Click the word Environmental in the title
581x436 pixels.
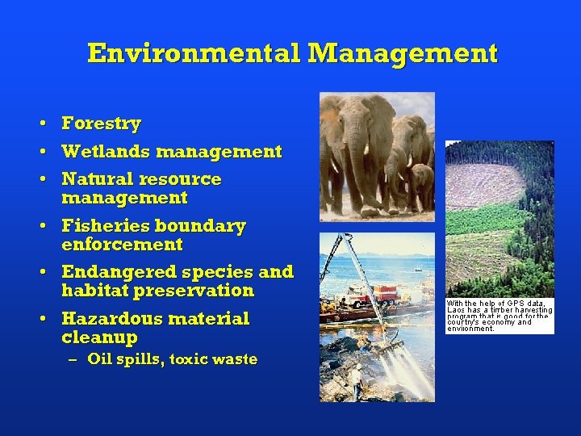(x=194, y=53)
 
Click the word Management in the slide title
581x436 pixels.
(x=403, y=53)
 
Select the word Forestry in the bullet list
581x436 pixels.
(x=101, y=124)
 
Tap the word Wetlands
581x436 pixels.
(x=106, y=151)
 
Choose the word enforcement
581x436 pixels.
(x=122, y=244)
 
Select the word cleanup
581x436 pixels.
(x=99, y=337)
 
